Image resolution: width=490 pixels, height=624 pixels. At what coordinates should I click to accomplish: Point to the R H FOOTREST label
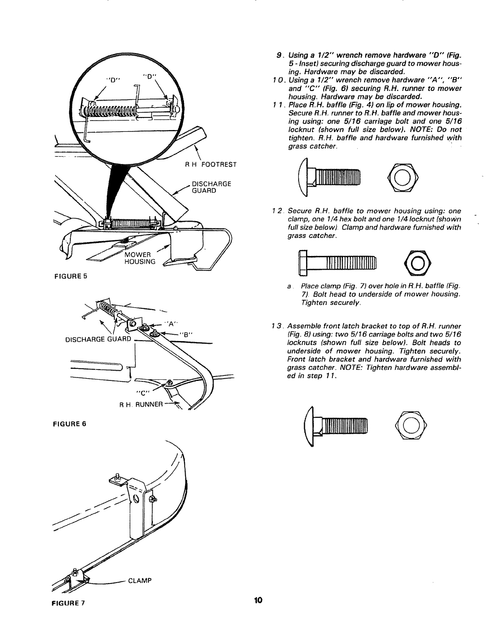click(211, 164)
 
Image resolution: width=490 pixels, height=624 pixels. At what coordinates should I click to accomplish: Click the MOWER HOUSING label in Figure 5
click(139, 258)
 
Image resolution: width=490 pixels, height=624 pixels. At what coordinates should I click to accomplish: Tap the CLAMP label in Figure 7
click(140, 581)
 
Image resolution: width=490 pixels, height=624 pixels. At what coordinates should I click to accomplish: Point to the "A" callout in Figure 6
click(171, 324)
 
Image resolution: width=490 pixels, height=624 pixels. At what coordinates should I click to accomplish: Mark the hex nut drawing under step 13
click(410, 425)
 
